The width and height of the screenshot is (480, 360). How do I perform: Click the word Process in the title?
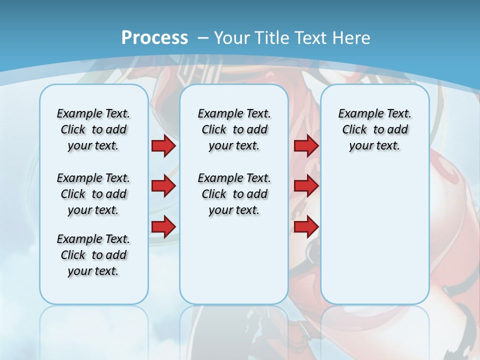[154, 38]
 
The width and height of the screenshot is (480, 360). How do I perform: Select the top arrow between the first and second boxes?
[163, 146]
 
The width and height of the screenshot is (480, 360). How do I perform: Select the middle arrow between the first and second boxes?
[163, 186]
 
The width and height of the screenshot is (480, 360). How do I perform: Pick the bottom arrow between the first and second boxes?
[163, 226]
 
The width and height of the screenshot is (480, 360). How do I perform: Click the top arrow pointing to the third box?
[306, 146]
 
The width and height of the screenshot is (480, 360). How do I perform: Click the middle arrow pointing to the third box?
[306, 186]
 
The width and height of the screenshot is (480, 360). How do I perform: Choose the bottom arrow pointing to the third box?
[306, 226]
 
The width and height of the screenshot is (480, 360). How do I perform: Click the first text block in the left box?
[93, 129]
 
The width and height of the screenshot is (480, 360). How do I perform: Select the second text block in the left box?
[93, 194]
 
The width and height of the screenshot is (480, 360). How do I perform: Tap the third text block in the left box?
[93, 255]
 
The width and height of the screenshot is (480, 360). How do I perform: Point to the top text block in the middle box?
[234, 129]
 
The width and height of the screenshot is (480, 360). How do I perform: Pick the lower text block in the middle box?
[234, 194]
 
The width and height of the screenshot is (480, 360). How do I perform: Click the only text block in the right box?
[374, 129]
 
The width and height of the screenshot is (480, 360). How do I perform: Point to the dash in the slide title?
[203, 38]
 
